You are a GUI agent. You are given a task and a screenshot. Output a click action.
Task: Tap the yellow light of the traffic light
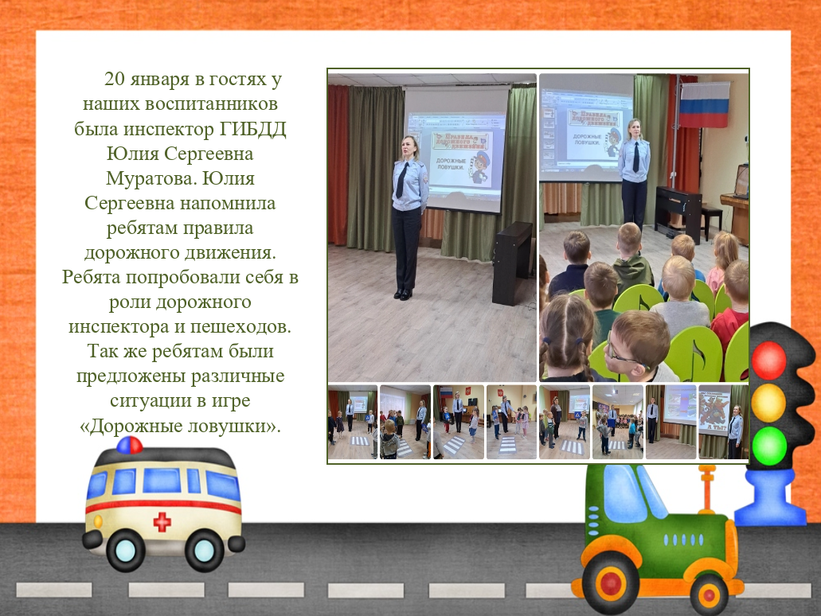[x=768, y=402]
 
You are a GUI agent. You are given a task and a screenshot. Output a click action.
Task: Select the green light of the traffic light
[x=768, y=444]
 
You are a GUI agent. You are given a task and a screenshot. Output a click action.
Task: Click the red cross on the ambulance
[x=162, y=521]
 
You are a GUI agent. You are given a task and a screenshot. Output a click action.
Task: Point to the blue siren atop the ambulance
[x=129, y=446]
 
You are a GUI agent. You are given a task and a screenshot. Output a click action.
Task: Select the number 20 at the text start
[x=115, y=79]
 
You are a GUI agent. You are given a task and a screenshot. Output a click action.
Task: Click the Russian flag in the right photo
[x=703, y=105]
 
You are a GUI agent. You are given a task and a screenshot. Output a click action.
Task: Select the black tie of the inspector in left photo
[x=400, y=179]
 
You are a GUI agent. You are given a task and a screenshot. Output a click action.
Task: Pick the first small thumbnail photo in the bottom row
[x=353, y=423]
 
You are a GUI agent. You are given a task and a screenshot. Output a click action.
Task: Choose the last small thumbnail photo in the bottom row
[x=723, y=423]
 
